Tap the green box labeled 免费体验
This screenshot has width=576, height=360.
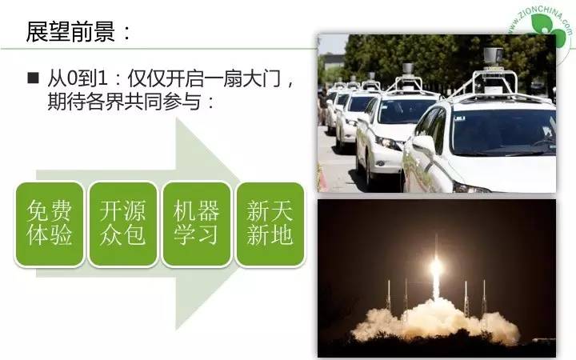(x=50, y=223)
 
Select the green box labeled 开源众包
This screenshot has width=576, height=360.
(x=123, y=223)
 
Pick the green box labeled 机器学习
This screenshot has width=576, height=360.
(x=197, y=223)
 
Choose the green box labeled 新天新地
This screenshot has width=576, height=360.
(x=270, y=223)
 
